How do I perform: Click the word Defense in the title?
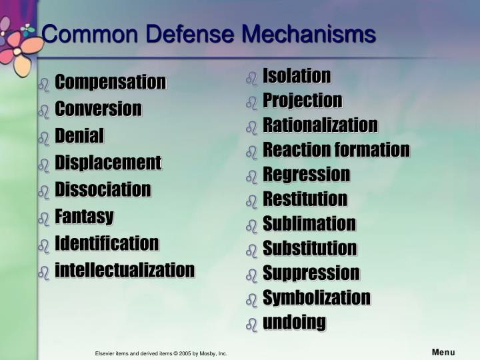190,34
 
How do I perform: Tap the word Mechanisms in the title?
309,34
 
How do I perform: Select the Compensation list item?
111,82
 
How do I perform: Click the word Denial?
79,135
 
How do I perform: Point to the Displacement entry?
108,163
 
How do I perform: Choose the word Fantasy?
84,217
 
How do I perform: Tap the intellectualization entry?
125,270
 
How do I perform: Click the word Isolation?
297,75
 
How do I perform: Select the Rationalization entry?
320,125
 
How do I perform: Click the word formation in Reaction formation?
372,150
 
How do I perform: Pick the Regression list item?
307,175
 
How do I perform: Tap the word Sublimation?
309,223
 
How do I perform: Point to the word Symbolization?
317,298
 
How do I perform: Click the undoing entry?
295,323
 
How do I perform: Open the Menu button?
443,353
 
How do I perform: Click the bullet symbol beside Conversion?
44,112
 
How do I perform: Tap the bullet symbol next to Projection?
251,103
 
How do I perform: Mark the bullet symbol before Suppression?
251,275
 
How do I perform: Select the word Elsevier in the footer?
105,353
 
